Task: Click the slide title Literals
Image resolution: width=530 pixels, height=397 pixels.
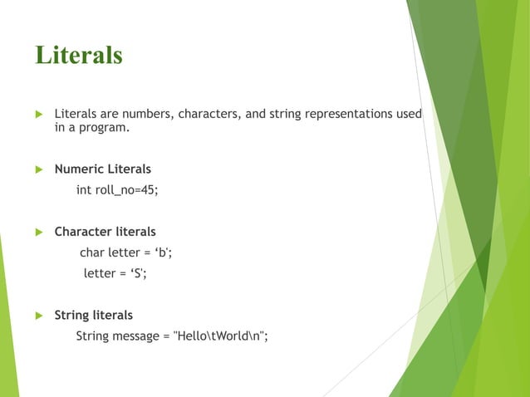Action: pyautogui.click(x=78, y=55)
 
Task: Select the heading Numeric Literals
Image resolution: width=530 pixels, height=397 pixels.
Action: pyautogui.click(x=102, y=169)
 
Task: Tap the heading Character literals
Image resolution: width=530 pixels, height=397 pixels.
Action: pyautogui.click(x=105, y=232)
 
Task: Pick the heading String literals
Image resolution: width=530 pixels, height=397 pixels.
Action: pyautogui.click(x=93, y=316)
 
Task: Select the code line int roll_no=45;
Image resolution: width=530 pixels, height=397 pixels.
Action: pyautogui.click(x=116, y=190)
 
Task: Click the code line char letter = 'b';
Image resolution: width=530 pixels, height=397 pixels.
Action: pyautogui.click(x=125, y=252)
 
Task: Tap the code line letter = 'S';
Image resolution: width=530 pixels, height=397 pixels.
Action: pyautogui.click(x=115, y=273)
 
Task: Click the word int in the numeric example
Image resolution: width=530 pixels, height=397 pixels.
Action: pyautogui.click(x=84, y=190)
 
